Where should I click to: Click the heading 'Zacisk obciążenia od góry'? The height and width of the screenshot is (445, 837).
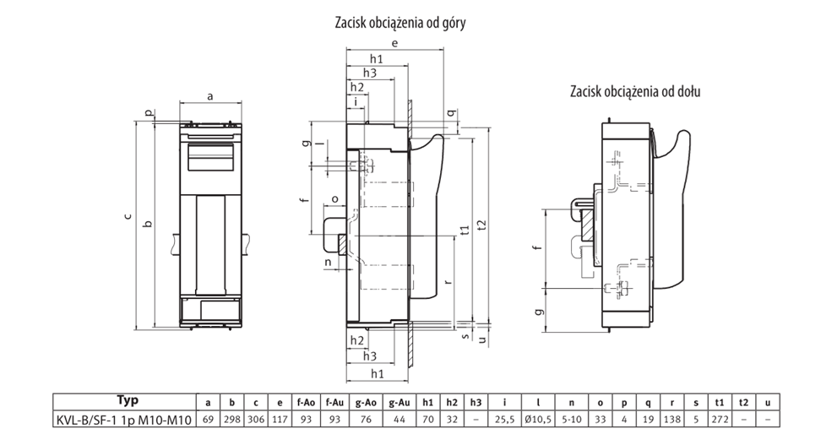pos(400,23)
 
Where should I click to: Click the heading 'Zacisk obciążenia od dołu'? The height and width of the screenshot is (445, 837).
pos(635,92)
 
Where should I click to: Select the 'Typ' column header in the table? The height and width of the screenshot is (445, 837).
pos(128,401)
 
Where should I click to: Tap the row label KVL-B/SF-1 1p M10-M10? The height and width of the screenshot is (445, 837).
pos(124,420)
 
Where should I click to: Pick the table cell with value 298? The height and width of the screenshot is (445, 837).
pos(231,420)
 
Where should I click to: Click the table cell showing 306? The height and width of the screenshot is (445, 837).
pos(256,420)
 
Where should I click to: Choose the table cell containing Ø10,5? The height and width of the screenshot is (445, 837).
pos(538,420)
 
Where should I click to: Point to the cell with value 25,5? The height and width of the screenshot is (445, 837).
pos(504,420)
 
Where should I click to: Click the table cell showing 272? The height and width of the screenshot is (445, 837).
pos(720,420)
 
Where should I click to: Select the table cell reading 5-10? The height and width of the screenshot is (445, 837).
pos(572,420)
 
